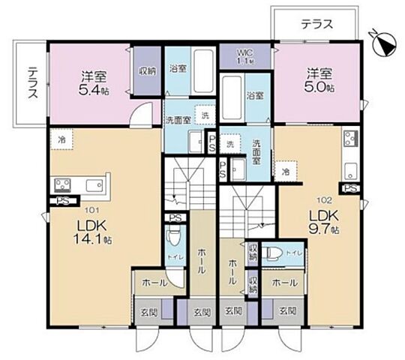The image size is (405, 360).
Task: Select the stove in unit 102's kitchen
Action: click(350, 139)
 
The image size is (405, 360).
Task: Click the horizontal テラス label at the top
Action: click(316, 24)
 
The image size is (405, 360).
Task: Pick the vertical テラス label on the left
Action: click(33, 82)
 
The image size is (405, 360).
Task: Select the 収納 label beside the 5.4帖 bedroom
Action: click(147, 71)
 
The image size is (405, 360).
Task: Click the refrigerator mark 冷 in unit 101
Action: click(62, 139)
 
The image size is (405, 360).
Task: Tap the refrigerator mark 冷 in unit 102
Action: click(285, 172)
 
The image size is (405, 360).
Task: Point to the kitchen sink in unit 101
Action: click(94, 184)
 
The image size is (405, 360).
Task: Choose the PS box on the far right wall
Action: click(349, 188)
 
